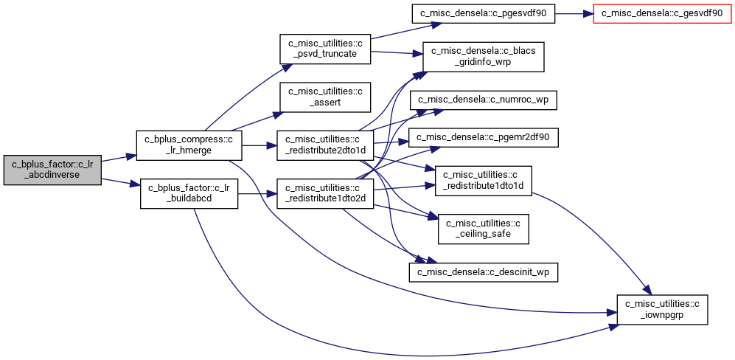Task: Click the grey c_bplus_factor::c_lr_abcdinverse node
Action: click(52, 170)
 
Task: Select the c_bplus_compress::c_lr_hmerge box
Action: click(189, 145)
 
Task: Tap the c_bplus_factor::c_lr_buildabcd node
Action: click(189, 193)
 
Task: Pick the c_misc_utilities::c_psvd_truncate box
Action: click(325, 49)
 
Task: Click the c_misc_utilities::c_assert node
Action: click(325, 97)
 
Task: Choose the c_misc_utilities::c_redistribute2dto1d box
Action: click(325, 145)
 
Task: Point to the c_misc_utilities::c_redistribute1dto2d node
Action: click(325, 193)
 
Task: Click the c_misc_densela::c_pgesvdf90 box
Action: click(483, 13)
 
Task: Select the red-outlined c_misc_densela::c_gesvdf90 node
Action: click(662, 13)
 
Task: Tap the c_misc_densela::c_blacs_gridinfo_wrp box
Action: click(483, 56)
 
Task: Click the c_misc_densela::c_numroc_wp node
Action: click(483, 100)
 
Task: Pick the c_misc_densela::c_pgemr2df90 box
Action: click(483, 137)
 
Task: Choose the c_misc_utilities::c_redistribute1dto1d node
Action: click(484, 181)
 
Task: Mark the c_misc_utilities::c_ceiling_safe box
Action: click(484, 229)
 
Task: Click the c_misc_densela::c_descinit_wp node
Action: click(484, 272)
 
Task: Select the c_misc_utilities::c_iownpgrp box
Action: click(662, 309)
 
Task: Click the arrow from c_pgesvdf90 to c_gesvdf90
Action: click(574, 13)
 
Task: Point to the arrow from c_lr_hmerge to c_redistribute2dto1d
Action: click(259, 145)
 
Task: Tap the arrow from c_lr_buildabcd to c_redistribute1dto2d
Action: click(257, 193)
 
